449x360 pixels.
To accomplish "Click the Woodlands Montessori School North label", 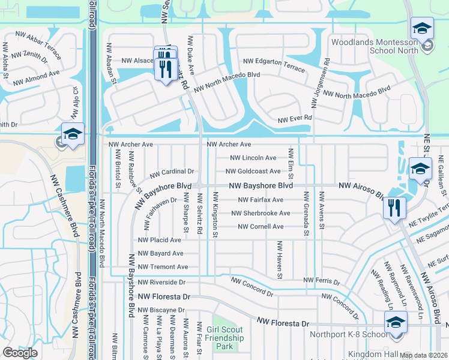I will point(375,47).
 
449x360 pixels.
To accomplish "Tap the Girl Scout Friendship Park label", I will point(224,338).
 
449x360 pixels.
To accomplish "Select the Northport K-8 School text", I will point(348,334).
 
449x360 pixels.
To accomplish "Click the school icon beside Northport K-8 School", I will point(394,323).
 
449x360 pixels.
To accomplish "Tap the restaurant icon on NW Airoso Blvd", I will point(394,208).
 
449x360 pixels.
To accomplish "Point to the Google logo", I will point(20,353).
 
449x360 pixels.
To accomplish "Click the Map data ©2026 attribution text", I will point(423,355).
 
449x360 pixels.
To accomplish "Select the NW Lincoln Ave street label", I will point(255,158).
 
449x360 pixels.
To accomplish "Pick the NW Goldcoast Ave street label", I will point(258,172).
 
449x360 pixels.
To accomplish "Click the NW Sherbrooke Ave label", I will point(261,213).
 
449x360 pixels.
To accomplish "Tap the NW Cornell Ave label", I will point(261,227).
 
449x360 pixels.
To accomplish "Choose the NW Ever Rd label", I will point(295,119).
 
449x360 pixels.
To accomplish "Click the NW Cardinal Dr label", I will point(172,172).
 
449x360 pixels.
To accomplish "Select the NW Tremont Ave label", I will point(163,267).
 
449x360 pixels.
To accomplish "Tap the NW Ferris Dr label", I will point(322,280).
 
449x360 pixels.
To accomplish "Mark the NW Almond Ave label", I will point(38,73).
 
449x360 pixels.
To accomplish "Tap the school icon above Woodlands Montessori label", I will point(422,28).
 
